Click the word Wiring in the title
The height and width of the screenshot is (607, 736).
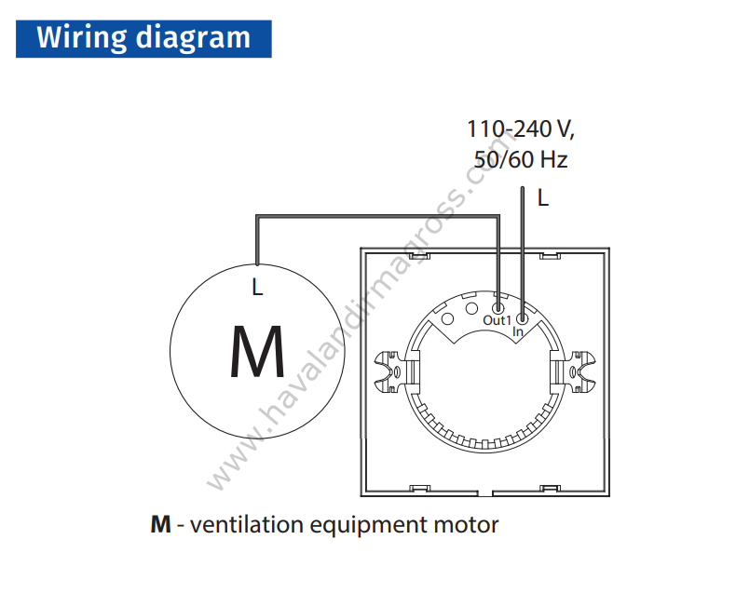click(x=82, y=38)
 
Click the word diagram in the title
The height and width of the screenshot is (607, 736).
click(x=193, y=38)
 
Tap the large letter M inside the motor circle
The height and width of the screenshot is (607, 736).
click(x=257, y=351)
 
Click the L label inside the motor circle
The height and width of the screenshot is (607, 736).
click(x=257, y=287)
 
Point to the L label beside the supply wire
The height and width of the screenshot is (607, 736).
click(x=543, y=198)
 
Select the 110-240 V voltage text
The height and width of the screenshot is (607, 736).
click(x=521, y=129)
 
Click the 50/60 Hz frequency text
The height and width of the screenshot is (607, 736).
click(x=521, y=159)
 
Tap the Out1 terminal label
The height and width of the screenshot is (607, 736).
click(x=497, y=320)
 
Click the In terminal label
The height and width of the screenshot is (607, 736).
click(x=518, y=331)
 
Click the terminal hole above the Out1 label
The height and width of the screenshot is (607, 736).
click(x=498, y=308)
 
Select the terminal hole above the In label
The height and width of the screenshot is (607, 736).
click(x=522, y=319)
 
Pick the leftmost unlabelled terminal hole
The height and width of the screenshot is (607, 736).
click(x=448, y=319)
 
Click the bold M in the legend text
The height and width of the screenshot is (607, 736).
click(x=160, y=524)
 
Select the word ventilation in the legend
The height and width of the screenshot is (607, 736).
click(x=247, y=524)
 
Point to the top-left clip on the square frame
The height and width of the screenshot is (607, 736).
click(x=419, y=256)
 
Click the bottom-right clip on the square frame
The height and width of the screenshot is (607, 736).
click(x=550, y=489)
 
